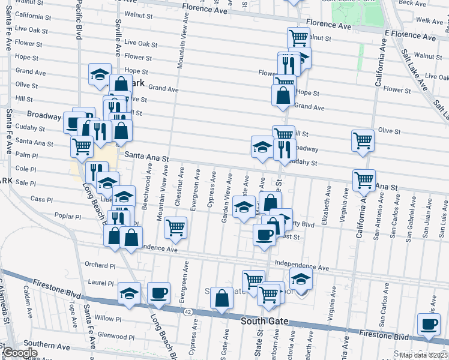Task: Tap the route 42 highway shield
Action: click(x=187, y=311)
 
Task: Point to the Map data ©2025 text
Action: click(x=423, y=355)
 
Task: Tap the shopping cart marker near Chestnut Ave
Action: click(x=175, y=227)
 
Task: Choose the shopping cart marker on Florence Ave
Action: click(x=298, y=37)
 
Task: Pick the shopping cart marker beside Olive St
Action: click(x=363, y=140)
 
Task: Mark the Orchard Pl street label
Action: click(x=100, y=265)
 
